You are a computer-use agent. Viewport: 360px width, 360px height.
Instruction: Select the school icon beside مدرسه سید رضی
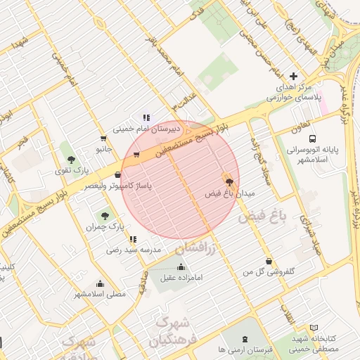pos(132,239)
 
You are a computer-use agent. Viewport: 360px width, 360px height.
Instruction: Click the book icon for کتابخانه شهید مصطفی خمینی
pos(314,328)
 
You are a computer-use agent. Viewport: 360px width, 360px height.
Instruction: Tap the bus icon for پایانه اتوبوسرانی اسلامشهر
pos(312,139)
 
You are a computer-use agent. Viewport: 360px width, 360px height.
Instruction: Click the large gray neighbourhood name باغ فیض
pos(263,218)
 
